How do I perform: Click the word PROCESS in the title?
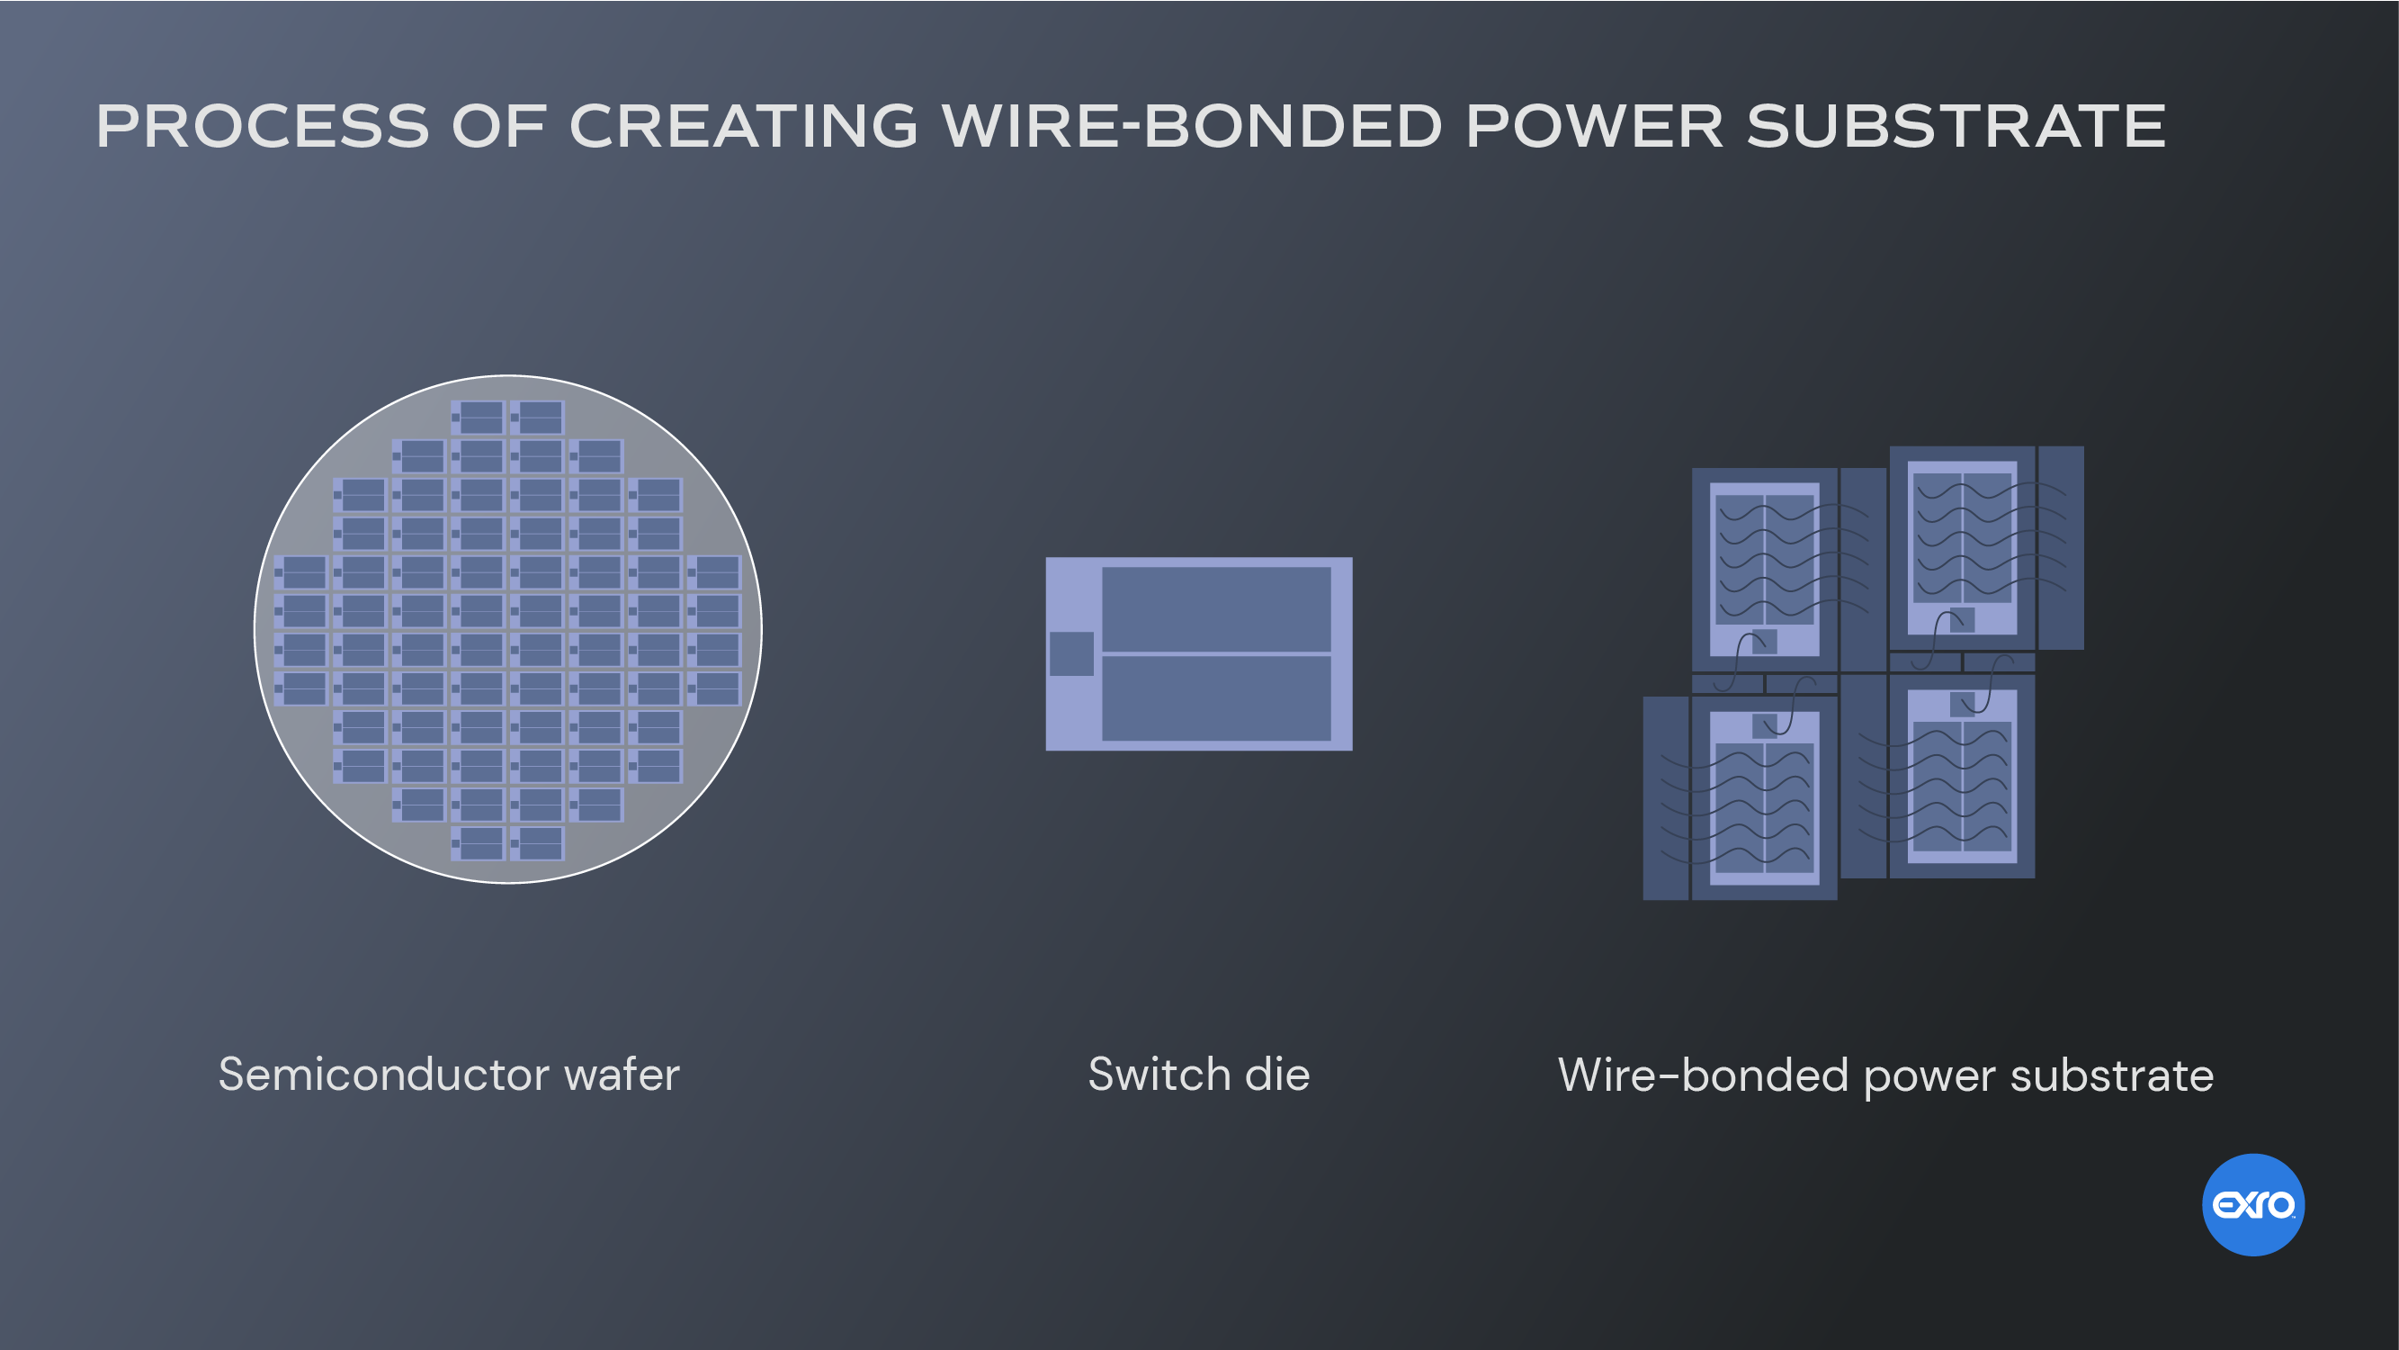pyautogui.click(x=263, y=126)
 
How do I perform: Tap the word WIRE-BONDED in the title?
pyautogui.click(x=1192, y=126)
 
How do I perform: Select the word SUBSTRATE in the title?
pyautogui.click(x=1956, y=126)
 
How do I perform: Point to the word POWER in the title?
pyautogui.click(x=1594, y=126)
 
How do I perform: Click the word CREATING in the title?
pyautogui.click(x=743, y=126)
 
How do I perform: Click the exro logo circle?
pyautogui.click(x=2252, y=1205)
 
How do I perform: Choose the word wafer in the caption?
pyautogui.click(x=622, y=1075)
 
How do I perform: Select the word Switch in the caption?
pyautogui.click(x=1159, y=1075)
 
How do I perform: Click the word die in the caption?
pyautogui.click(x=1277, y=1075)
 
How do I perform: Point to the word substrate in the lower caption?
pyautogui.click(x=2112, y=1075)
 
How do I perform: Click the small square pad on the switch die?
pyautogui.click(x=1071, y=653)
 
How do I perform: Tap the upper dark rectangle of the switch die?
pyautogui.click(x=1216, y=609)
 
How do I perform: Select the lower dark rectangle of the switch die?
pyautogui.click(x=1216, y=698)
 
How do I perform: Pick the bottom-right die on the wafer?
pyautogui.click(x=537, y=843)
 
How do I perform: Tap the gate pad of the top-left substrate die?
pyautogui.click(x=1764, y=641)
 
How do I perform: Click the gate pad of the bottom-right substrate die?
pyautogui.click(x=1961, y=704)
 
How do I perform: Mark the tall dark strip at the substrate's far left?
pyautogui.click(x=1666, y=797)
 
